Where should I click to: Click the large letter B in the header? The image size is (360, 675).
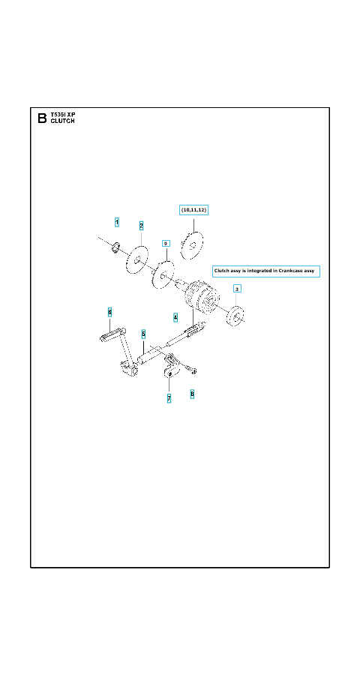pyautogui.click(x=42, y=118)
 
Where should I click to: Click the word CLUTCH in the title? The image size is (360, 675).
pyautogui.click(x=62, y=121)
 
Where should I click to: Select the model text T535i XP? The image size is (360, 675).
pyautogui.click(x=62, y=115)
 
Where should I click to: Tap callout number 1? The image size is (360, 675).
pyautogui.click(x=117, y=222)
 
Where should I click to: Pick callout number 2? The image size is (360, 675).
pyautogui.click(x=141, y=226)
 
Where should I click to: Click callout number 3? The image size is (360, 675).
pyautogui.click(x=237, y=288)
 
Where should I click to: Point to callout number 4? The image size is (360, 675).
pyautogui.click(x=175, y=318)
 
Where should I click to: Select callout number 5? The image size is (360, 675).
pyautogui.click(x=143, y=334)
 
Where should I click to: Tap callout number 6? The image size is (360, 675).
pyautogui.click(x=109, y=312)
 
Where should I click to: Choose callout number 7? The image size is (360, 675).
pyautogui.click(x=169, y=399)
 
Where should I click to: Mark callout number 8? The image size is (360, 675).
pyautogui.click(x=192, y=394)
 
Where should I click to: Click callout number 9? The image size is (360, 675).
pyautogui.click(x=166, y=244)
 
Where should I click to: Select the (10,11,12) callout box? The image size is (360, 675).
pyautogui.click(x=193, y=210)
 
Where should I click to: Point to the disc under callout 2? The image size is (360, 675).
pyautogui.click(x=137, y=259)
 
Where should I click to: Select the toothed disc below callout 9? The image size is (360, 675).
pyautogui.click(x=163, y=275)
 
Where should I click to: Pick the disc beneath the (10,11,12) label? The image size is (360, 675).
pyautogui.click(x=192, y=246)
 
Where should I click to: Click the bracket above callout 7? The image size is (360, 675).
pyautogui.click(x=172, y=365)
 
